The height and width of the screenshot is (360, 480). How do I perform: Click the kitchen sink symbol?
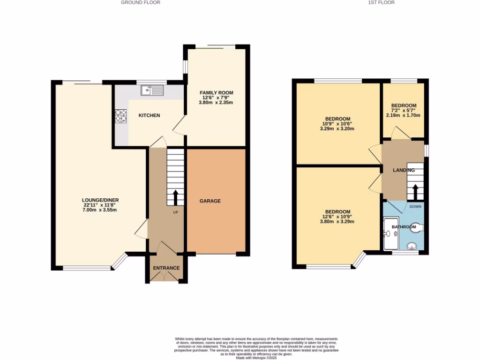click(153, 90)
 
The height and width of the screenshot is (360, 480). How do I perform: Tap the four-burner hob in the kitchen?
click(121, 116)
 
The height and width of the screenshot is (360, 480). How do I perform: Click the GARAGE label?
click(211, 201)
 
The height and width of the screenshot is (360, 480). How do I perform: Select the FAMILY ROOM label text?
click(216, 93)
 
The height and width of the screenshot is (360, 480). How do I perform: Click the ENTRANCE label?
click(166, 268)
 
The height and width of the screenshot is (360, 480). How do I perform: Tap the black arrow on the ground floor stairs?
click(176, 197)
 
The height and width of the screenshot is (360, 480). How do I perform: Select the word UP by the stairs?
click(176, 212)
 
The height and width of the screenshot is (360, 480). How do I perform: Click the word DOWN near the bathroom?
click(415, 206)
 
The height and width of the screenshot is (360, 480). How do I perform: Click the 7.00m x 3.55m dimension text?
click(99, 210)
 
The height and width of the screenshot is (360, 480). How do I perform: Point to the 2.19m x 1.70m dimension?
click(403, 115)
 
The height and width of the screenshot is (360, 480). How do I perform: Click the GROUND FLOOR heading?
click(141, 2)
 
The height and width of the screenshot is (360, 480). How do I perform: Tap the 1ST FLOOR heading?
click(381, 2)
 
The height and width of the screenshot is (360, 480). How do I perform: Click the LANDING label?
click(404, 170)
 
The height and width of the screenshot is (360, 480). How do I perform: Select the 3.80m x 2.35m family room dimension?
click(216, 102)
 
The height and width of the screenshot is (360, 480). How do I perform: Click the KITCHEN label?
click(149, 115)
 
